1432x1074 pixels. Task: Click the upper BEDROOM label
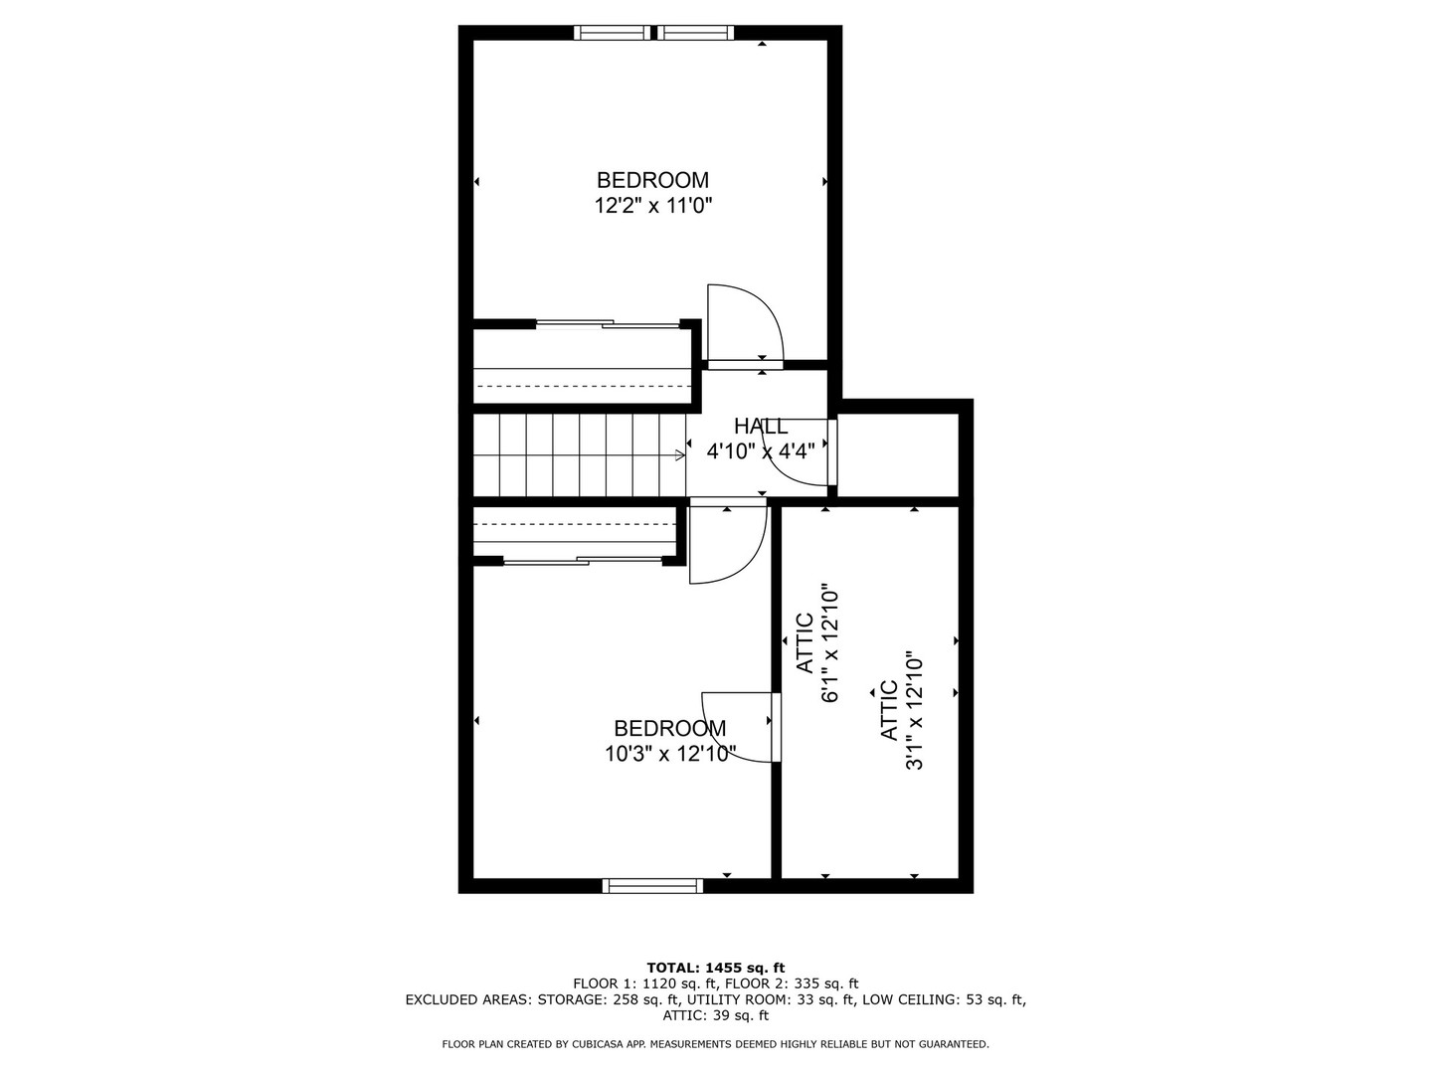[652, 180]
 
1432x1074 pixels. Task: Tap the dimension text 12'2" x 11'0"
[653, 206]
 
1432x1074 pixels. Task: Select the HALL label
[761, 427]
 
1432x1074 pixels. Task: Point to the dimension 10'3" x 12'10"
[670, 754]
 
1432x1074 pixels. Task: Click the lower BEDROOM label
[669, 728]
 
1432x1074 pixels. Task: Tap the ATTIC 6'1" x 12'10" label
[817, 643]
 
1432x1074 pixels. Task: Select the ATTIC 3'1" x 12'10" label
[902, 711]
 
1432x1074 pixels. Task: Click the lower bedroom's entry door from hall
[727, 545]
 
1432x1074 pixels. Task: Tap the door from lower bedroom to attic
[741, 727]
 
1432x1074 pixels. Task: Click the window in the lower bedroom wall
[652, 885]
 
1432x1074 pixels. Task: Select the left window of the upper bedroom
[613, 33]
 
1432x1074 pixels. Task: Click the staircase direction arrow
[679, 455]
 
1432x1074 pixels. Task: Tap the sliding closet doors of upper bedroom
[606, 323]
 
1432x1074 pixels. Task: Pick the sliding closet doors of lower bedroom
[583, 562]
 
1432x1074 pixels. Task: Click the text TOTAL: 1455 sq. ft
[715, 967]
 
